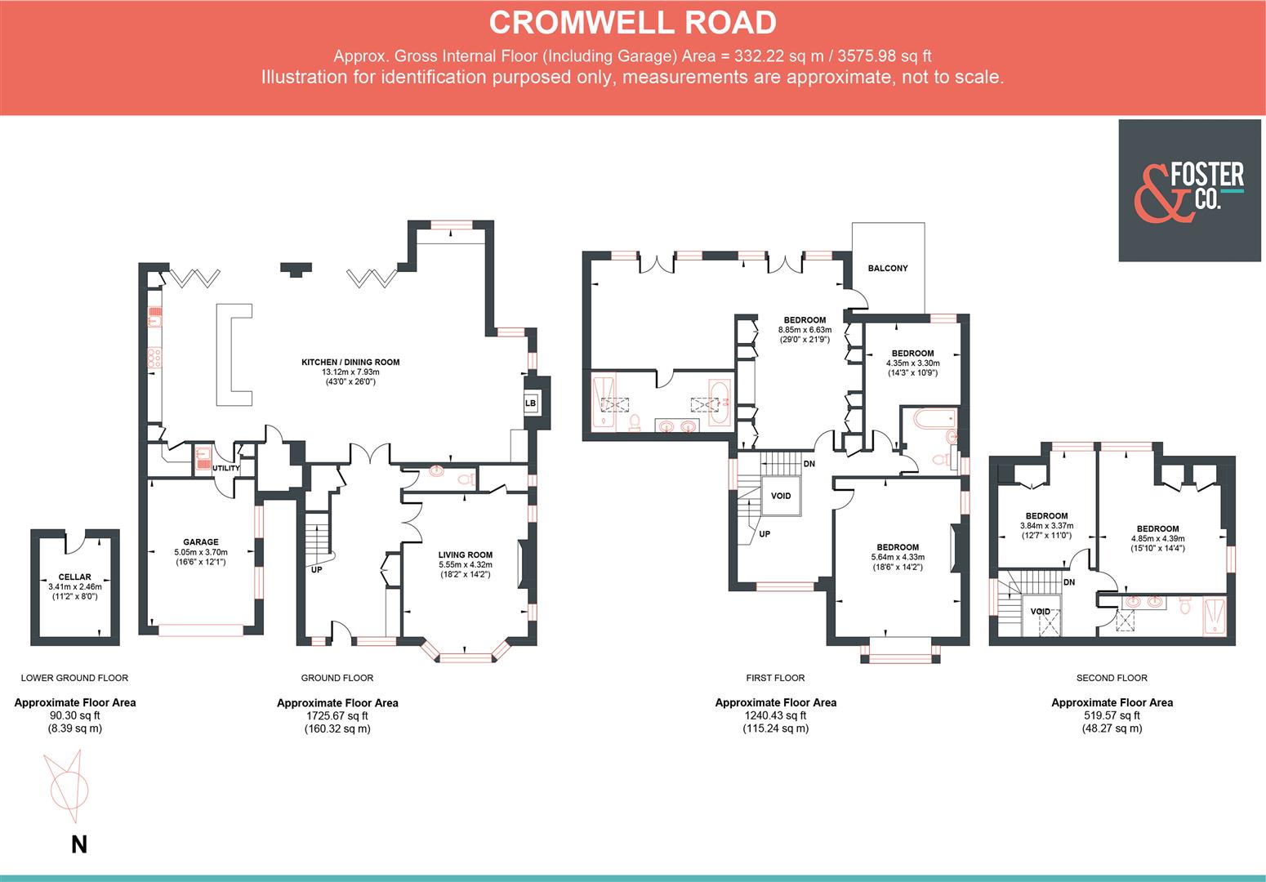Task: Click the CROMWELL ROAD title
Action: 632,23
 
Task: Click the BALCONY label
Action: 887,268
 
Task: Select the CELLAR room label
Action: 74,577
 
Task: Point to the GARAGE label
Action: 200,541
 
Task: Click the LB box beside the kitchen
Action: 530,403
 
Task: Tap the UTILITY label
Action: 226,469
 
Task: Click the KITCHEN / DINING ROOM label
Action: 350,362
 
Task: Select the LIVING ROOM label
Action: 465,555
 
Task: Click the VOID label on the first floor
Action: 781,496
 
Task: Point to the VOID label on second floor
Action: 1040,612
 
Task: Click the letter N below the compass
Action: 78,844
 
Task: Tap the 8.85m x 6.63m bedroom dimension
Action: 805,330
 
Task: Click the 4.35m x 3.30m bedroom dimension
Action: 912,363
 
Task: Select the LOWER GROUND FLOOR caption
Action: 74,678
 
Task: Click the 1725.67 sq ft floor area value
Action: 337,715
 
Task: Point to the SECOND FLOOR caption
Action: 1112,678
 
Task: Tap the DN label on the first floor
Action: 809,464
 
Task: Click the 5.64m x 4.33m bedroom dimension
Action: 898,557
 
